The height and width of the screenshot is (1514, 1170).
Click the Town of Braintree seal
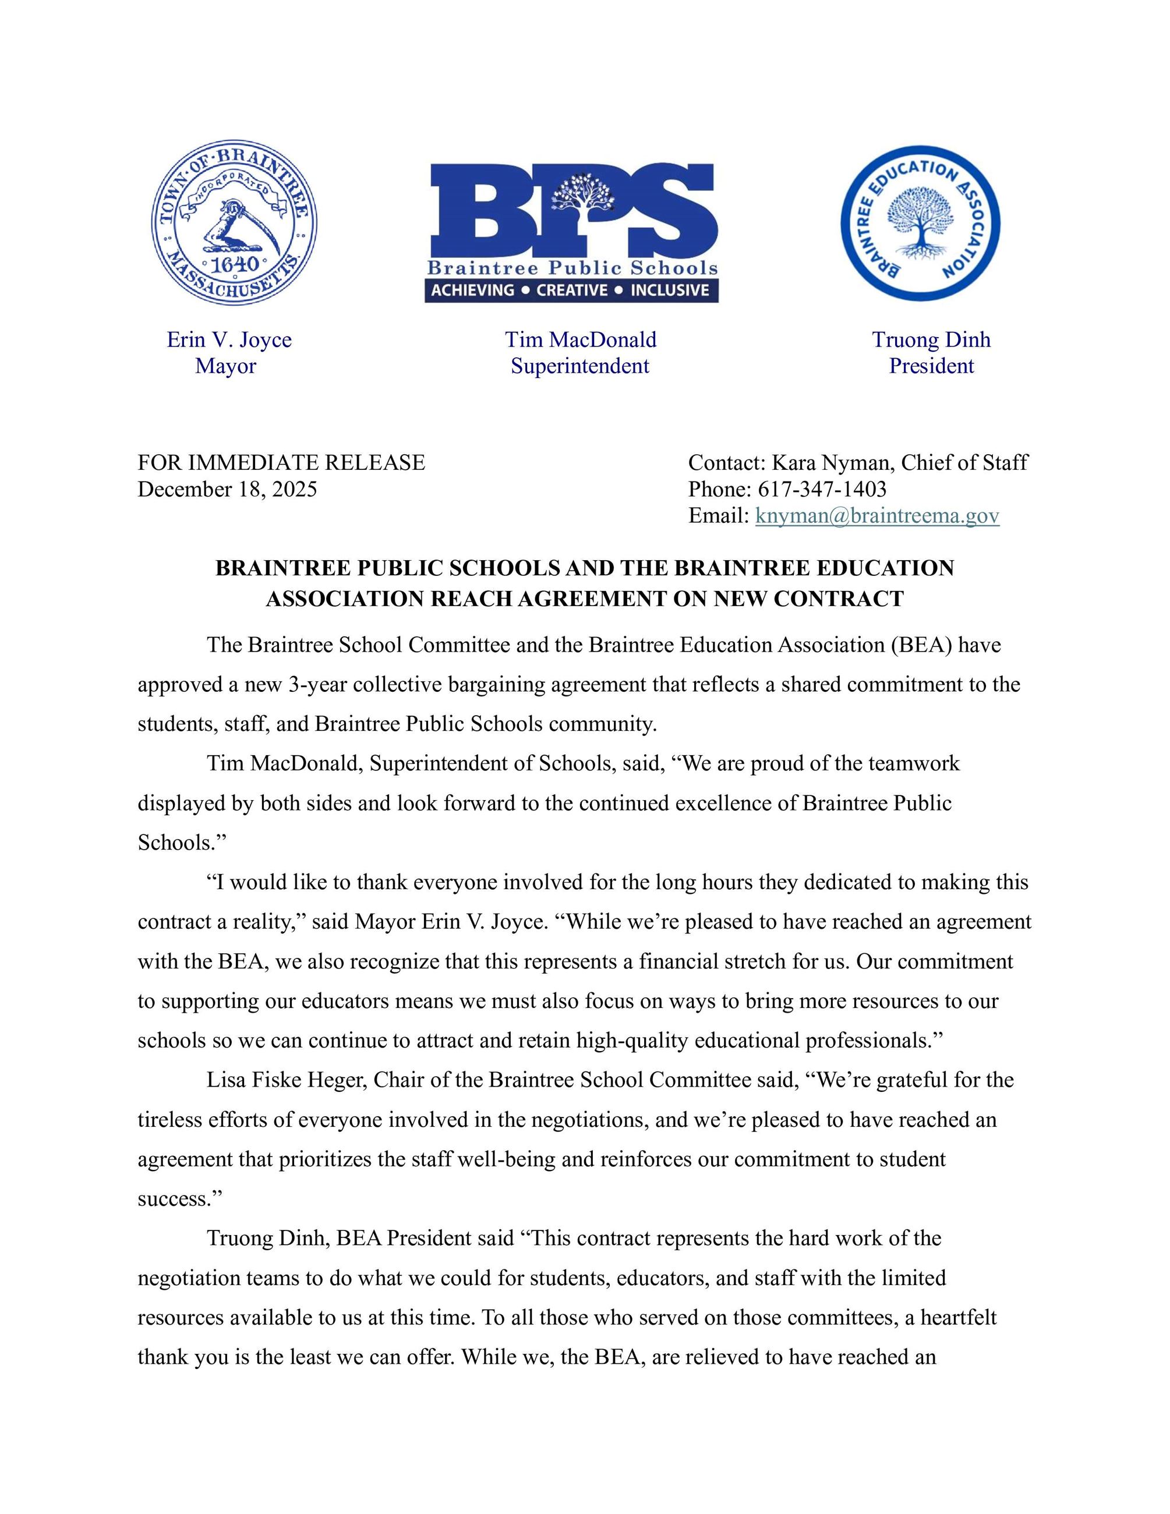(x=234, y=222)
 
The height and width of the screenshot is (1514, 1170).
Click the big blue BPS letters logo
(x=572, y=210)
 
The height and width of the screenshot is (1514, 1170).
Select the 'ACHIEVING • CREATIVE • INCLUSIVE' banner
(x=571, y=291)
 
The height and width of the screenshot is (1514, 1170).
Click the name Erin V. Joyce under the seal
(x=229, y=339)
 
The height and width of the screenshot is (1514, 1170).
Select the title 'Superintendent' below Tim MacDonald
(x=580, y=366)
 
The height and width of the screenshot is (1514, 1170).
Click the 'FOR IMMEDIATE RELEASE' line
(x=281, y=462)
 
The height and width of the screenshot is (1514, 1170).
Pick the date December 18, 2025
(x=227, y=489)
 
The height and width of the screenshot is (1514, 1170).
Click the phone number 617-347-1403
(x=822, y=489)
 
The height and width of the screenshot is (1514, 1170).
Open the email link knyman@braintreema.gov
(x=877, y=516)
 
